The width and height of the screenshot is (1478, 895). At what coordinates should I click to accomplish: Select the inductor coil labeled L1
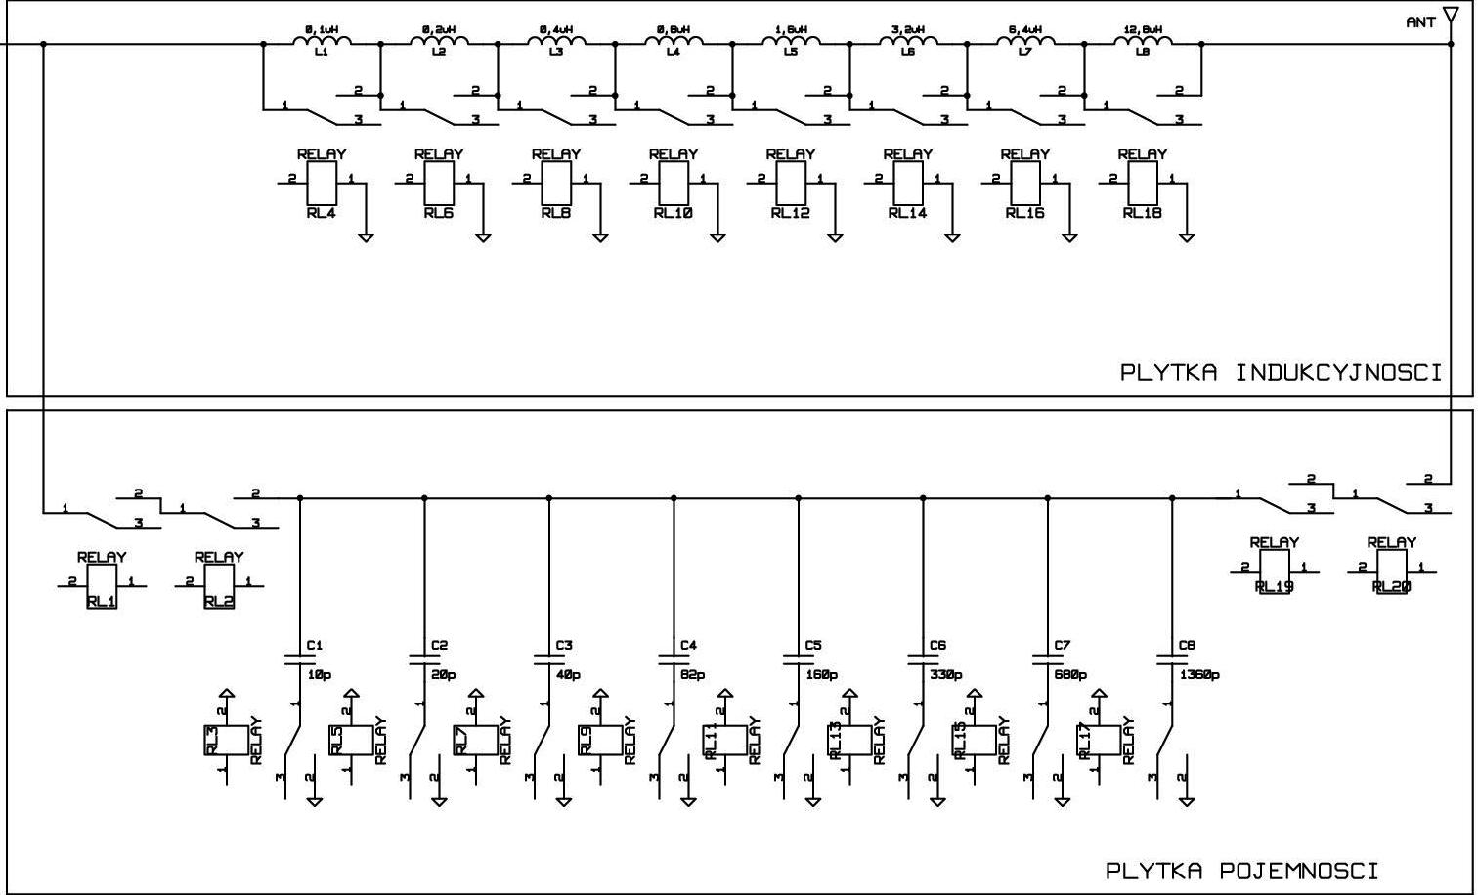pos(322,42)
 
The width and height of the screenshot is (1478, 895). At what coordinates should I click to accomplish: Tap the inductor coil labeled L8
pos(1143,42)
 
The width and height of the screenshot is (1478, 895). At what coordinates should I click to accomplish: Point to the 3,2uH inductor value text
pos(908,30)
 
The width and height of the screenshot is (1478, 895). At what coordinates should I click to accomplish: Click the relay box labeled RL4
pos(322,180)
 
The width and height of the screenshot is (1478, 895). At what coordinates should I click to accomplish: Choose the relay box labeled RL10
pos(674,180)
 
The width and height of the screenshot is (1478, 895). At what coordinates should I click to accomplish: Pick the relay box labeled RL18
pos(1143,180)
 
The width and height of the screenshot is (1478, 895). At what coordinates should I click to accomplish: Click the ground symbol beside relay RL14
pos(952,235)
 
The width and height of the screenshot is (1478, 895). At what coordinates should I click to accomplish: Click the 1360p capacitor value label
pos(1199,675)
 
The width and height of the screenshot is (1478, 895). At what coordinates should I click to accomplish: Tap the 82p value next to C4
pos(692,675)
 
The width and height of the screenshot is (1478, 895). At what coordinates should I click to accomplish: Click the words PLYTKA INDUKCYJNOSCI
pos(1281,372)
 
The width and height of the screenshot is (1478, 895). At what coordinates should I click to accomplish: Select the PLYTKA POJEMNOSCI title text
pos(1241,870)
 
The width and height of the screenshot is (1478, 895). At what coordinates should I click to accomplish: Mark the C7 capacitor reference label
pos(1063,646)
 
